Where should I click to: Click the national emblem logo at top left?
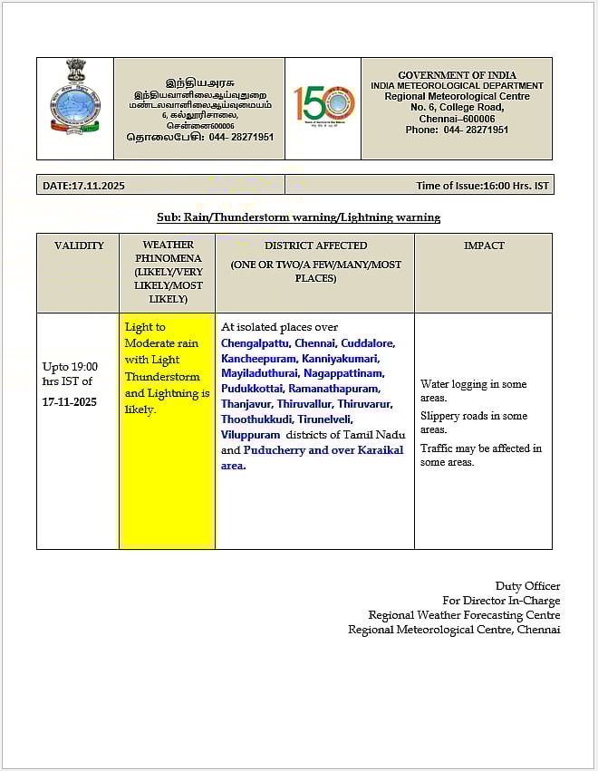[75, 98]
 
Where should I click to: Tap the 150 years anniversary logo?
[323, 108]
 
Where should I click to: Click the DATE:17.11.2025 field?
[84, 186]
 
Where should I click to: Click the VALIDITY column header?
[79, 246]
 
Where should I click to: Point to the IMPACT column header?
[484, 246]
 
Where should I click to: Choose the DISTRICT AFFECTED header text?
[315, 246]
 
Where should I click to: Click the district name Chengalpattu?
[255, 343]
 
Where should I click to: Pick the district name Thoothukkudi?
[256, 419]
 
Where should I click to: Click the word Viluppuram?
[250, 435]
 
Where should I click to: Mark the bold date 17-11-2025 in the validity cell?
[72, 401]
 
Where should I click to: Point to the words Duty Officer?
[527, 586]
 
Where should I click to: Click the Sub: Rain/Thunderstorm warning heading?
[298, 217]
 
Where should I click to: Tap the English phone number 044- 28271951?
[476, 130]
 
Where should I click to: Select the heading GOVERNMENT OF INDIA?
[457, 75]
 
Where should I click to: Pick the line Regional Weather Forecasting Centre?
[464, 615]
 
